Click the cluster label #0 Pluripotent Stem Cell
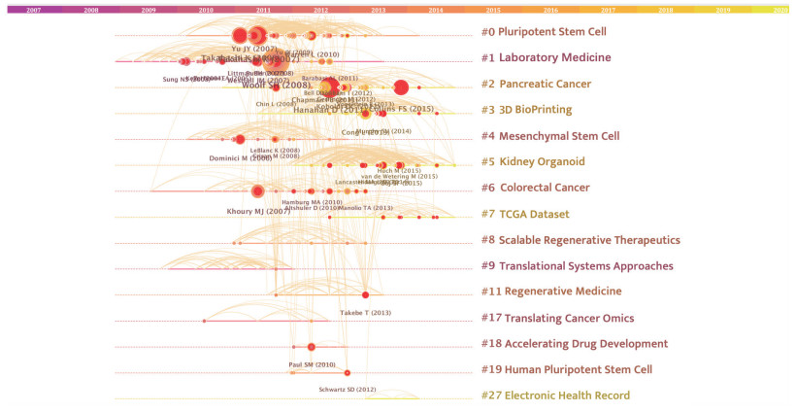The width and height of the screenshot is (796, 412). [544, 32]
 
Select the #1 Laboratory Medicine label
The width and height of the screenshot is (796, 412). [546, 58]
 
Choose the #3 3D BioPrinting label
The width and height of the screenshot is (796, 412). [526, 110]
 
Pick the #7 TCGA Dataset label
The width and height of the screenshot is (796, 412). [524, 214]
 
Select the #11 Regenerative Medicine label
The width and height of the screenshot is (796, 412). [550, 292]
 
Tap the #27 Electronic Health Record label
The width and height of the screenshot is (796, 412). [555, 395]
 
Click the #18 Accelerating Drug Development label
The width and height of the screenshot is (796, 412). [574, 344]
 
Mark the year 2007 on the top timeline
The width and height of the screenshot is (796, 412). [33, 9]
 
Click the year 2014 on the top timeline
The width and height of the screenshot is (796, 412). [435, 9]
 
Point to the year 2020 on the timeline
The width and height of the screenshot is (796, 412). [779, 9]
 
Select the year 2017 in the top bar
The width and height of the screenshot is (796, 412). [608, 9]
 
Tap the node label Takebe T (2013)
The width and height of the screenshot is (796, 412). [365, 313]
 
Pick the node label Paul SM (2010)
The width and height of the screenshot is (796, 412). [312, 364]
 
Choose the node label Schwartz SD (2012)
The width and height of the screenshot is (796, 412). [347, 390]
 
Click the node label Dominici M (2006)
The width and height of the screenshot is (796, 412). [241, 158]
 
